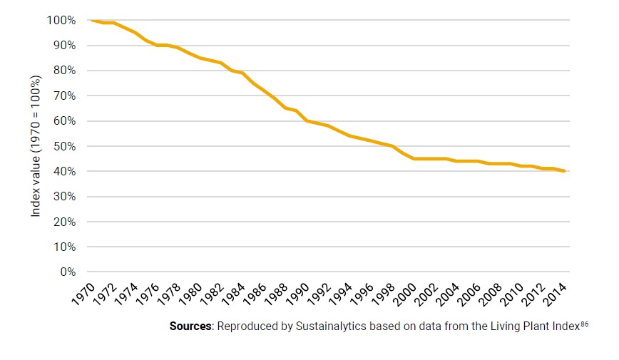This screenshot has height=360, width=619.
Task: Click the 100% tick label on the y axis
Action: click(x=61, y=20)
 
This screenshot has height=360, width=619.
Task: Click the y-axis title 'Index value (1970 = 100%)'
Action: click(x=36, y=145)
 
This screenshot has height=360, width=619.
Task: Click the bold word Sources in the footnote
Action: click(x=190, y=326)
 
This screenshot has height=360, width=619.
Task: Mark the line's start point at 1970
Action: click(x=92, y=20)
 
